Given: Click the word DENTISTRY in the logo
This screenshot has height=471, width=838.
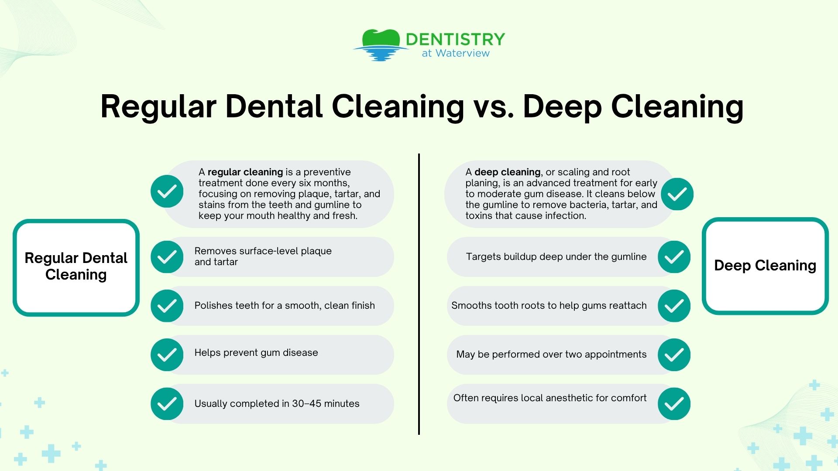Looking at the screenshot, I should coord(455,39).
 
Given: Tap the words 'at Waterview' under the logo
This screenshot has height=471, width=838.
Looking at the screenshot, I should coord(456,53).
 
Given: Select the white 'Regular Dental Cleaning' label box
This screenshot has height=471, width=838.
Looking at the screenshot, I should coord(76,267).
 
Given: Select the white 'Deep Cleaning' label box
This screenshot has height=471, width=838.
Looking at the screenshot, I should coord(765,266).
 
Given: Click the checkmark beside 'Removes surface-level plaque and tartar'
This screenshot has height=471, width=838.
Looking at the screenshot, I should coord(167,257).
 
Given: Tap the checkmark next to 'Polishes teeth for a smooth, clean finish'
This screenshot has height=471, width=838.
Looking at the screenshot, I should coord(167,306).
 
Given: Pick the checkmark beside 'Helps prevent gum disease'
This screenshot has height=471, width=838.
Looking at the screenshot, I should coord(167,355).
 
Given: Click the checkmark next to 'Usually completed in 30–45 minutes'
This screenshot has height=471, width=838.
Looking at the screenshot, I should coord(167,404).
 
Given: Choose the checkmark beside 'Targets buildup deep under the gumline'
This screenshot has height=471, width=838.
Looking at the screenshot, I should coord(674,257).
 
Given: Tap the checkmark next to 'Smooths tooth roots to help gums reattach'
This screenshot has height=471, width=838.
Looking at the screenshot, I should coord(674,306).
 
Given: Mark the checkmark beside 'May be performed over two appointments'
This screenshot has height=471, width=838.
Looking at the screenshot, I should coord(674,355).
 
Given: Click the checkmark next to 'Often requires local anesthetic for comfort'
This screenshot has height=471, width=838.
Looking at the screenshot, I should coord(674,404).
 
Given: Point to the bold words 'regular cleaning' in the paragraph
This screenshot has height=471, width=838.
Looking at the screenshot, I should coord(245,172).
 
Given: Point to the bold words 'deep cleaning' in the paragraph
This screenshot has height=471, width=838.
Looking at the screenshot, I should coord(507,172).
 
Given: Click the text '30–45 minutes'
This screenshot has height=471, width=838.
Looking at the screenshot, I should coord(326,404).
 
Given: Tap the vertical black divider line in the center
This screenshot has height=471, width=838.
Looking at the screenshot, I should coord(419,294).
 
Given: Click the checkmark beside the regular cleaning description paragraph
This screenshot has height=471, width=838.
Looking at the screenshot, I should coord(167,191).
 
